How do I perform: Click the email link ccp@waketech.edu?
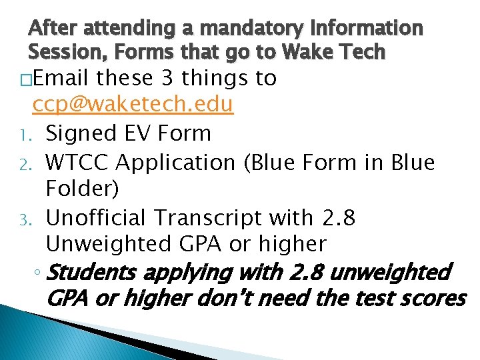(133, 105)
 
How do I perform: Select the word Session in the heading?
(67, 51)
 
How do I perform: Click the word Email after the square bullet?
(60, 79)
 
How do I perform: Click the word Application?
(180, 162)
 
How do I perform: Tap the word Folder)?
(82, 189)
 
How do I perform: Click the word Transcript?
(215, 217)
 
